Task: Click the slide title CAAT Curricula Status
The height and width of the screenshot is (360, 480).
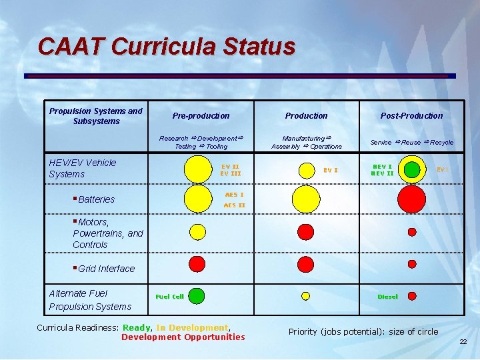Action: click(x=166, y=47)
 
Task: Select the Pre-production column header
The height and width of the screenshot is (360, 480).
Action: click(x=201, y=116)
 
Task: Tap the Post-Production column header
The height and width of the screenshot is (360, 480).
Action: click(x=411, y=116)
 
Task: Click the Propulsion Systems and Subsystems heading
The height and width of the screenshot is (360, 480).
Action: click(x=96, y=116)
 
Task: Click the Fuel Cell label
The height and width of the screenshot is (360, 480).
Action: click(x=169, y=297)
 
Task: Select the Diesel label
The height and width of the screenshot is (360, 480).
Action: click(x=387, y=297)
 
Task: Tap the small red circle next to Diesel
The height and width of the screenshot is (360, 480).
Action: click(x=412, y=296)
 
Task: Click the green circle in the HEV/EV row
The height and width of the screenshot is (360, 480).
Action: click(x=413, y=169)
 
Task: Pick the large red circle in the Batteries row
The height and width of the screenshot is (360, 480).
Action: click(x=411, y=198)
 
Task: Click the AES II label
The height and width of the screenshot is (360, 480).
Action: click(x=234, y=205)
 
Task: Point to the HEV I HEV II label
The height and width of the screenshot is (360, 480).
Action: click(x=382, y=170)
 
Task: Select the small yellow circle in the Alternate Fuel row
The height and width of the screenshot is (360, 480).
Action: click(x=306, y=296)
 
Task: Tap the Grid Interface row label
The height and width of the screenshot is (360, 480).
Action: click(x=106, y=269)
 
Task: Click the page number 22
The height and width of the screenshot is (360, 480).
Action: click(x=463, y=342)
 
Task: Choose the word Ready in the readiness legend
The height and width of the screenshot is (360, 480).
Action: click(x=137, y=327)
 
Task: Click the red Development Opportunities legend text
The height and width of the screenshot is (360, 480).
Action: click(x=183, y=337)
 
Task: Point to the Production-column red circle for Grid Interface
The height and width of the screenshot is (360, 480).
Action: click(x=305, y=264)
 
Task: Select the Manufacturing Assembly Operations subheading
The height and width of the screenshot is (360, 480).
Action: click(x=307, y=142)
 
